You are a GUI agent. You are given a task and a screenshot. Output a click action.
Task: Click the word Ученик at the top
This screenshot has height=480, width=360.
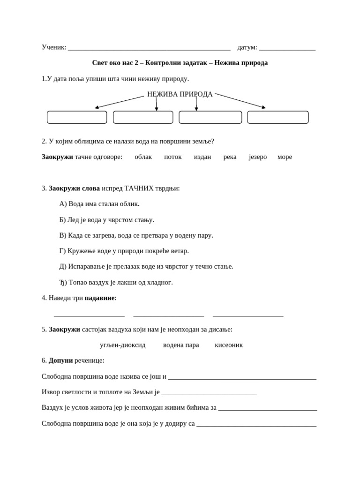[x=53, y=47]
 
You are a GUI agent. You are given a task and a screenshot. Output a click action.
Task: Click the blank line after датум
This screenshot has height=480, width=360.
[x=287, y=48]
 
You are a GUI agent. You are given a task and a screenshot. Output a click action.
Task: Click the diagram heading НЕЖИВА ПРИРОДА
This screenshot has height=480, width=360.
[x=180, y=94]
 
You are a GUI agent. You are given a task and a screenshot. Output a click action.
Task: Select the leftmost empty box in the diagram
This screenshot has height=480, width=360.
[x=77, y=117]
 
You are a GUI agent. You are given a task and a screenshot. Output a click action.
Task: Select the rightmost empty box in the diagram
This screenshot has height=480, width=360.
[x=277, y=117]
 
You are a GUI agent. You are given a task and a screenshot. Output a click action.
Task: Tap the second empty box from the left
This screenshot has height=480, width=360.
[x=143, y=117]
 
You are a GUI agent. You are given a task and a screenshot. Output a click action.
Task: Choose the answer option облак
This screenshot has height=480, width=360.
[x=143, y=157]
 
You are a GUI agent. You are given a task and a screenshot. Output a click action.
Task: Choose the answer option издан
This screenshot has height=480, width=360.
[x=202, y=157]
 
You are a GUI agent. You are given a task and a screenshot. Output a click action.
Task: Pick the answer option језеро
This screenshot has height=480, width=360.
[x=257, y=157]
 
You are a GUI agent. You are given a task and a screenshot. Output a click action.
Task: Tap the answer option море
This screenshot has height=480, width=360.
[x=285, y=157]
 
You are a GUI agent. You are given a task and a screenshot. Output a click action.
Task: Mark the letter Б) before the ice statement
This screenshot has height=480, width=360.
[x=63, y=220]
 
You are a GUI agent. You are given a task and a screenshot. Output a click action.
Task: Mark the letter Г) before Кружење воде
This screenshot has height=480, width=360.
[x=62, y=251]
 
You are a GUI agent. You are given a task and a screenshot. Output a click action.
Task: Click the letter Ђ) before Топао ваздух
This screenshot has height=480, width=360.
[x=63, y=282]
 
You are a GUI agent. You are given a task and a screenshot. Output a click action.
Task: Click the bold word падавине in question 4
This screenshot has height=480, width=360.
[x=99, y=298]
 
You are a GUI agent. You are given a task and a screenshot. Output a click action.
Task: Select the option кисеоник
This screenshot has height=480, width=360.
[x=229, y=345]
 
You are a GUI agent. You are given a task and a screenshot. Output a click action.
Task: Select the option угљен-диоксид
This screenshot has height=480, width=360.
[x=122, y=345]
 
